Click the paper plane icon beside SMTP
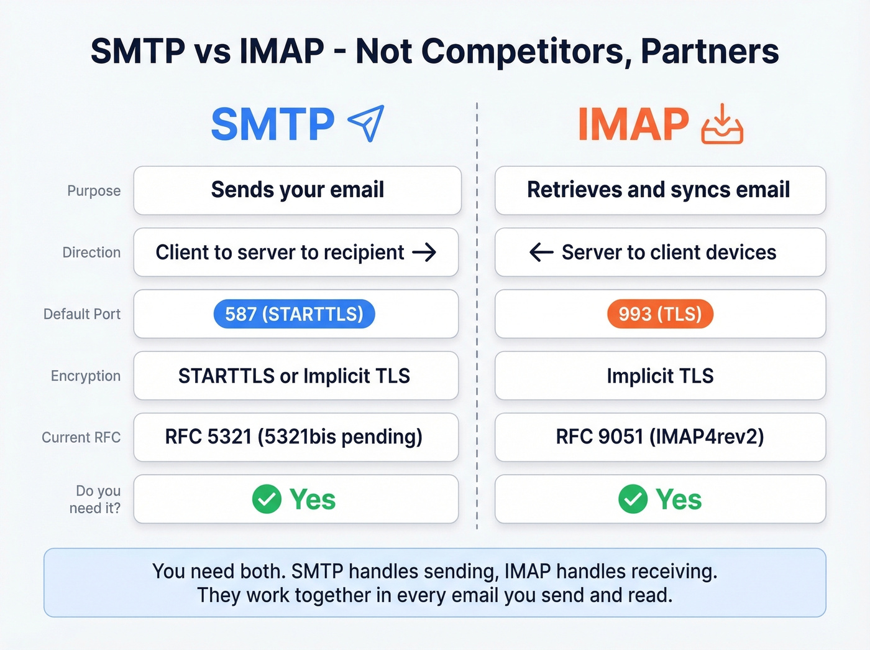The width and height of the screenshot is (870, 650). coord(366,123)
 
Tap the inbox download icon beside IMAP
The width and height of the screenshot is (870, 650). coord(722,124)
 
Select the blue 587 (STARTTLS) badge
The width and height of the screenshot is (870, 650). coord(294,314)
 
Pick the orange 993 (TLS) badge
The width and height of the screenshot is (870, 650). coord(660,314)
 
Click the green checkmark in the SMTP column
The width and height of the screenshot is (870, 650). coord(267,499)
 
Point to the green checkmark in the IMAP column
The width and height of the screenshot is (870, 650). coord(633,499)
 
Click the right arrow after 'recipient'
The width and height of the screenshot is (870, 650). coord(424,253)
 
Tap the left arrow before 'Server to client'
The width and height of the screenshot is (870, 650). coord(541,253)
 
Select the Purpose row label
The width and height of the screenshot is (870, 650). coord(94,191)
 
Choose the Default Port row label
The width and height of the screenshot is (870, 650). coord(82,314)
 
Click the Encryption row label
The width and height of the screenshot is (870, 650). coord(86,376)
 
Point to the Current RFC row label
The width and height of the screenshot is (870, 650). coord(81,437)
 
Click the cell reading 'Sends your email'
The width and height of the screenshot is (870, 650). coord(297,190)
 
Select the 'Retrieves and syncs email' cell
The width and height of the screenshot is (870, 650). coord(660,190)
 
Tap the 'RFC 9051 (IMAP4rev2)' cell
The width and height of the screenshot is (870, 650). coord(660,437)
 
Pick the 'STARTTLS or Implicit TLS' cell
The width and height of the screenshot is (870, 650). coord(295,376)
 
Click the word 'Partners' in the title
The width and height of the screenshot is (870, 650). coord(710,52)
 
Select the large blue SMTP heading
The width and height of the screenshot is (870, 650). coord(273,124)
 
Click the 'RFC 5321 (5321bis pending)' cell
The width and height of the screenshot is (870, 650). coord(295,437)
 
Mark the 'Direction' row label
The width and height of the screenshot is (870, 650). coord(91,253)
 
